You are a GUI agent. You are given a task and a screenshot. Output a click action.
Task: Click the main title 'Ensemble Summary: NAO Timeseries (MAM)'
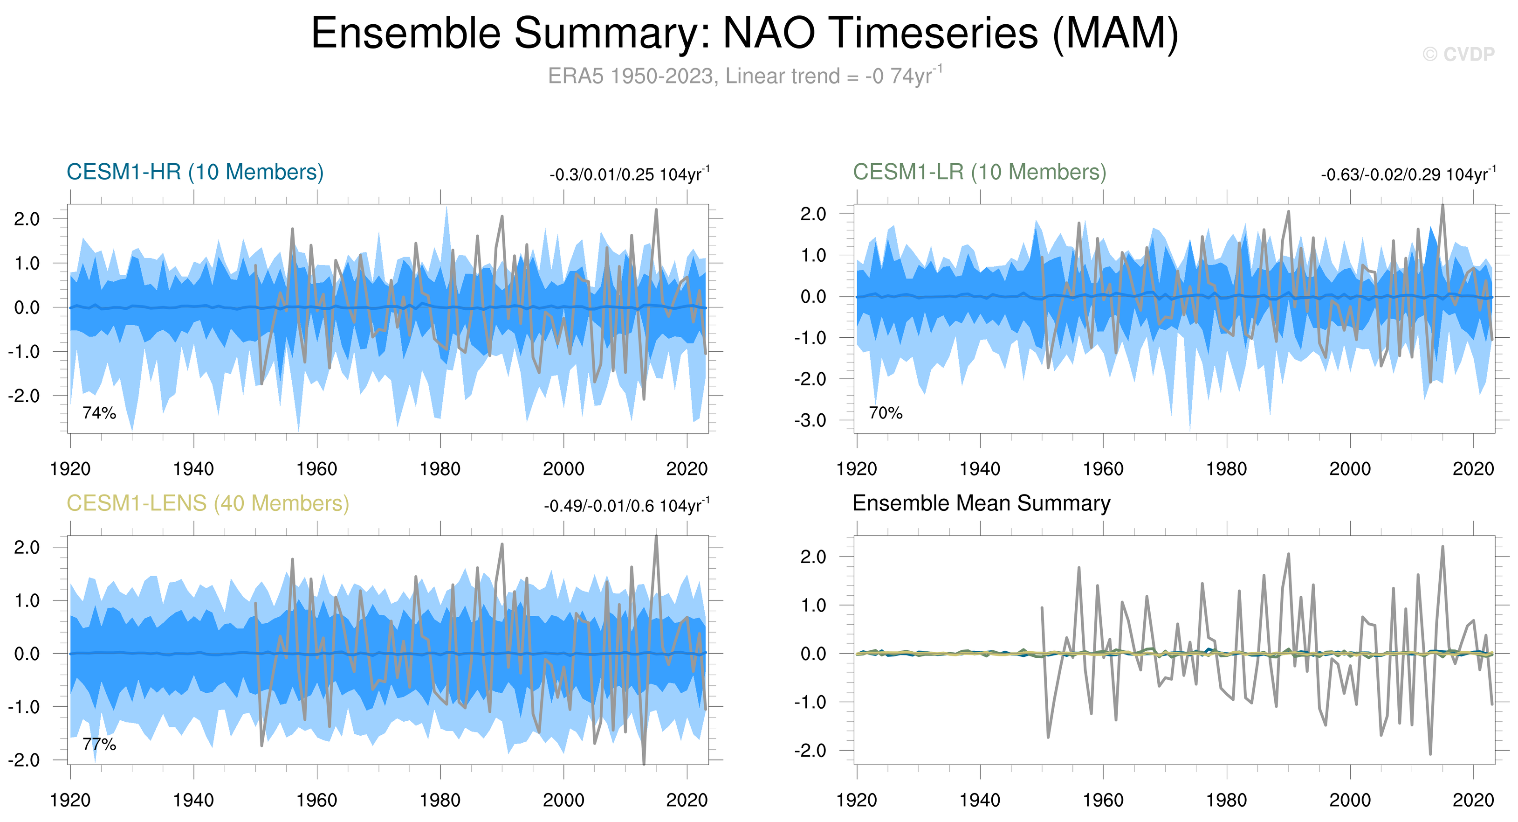pos(744,33)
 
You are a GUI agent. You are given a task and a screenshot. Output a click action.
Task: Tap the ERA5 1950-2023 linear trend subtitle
pos(744,76)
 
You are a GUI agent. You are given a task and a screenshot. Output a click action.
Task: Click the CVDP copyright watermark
pos(1458,54)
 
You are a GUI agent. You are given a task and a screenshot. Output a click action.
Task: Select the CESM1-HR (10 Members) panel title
pos(195,172)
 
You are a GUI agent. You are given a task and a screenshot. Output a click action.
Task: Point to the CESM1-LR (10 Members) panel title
pos(979,172)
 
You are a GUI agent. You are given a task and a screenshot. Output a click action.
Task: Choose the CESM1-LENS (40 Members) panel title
pos(207,503)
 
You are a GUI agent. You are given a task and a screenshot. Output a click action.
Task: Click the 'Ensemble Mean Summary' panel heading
pos(981,503)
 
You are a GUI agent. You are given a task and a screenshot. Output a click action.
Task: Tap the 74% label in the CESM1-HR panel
pos(99,413)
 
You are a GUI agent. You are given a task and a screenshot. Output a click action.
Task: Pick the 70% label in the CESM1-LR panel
pos(885,413)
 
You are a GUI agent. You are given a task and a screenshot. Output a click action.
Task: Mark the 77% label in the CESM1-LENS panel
pos(99,744)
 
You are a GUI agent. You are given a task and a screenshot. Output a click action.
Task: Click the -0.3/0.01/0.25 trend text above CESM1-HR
pos(629,174)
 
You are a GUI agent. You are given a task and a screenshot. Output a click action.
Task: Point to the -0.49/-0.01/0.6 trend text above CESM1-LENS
pos(626,506)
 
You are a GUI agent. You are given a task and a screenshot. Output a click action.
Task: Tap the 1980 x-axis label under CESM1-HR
pos(440,469)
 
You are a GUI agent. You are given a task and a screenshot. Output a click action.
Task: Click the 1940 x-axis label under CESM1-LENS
pos(193,800)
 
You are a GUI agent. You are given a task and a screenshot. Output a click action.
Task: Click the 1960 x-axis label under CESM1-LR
pos(1103,469)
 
